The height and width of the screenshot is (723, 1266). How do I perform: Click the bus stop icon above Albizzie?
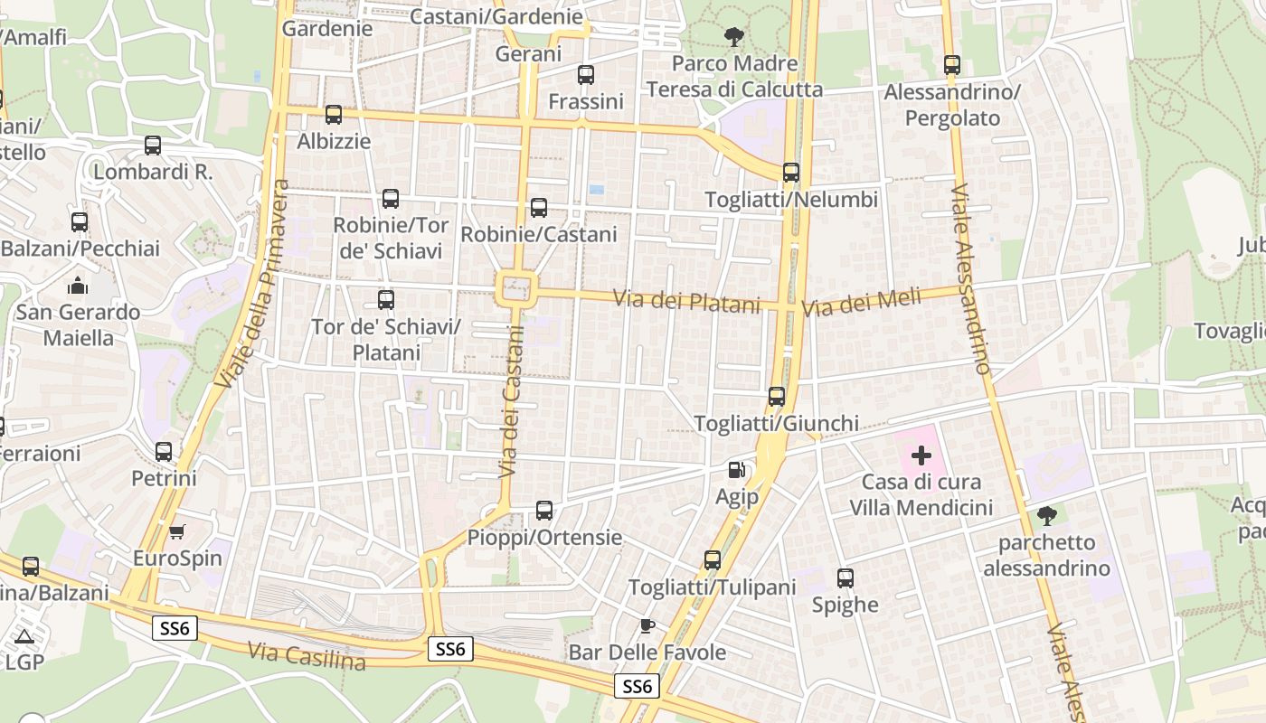(334, 115)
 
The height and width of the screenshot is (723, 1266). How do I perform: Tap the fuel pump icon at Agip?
(737, 470)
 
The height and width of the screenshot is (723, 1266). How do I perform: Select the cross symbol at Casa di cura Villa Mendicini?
(921, 455)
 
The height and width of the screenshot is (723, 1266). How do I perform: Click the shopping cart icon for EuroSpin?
(176, 531)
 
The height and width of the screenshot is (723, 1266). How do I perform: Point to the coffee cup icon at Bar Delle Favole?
(647, 625)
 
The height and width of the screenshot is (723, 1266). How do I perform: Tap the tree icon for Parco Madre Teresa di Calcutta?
(734, 37)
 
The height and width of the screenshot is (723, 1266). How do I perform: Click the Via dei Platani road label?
(687, 301)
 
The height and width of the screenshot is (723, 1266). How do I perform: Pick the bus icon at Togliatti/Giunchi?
(777, 396)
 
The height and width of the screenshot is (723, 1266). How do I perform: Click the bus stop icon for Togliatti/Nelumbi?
(791, 172)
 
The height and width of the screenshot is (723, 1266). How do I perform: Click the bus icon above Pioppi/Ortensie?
(544, 511)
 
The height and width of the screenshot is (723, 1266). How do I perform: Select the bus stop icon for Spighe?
(846, 577)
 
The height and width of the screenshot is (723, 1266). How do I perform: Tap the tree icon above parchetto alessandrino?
(1046, 516)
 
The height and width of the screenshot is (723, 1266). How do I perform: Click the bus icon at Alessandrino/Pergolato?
(951, 65)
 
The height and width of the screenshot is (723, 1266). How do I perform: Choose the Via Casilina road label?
(307, 656)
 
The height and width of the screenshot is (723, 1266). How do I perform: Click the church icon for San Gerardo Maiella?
(79, 286)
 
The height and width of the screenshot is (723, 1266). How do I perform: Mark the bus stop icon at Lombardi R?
(153, 145)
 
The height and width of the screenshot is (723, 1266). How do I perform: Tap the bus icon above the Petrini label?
(164, 451)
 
